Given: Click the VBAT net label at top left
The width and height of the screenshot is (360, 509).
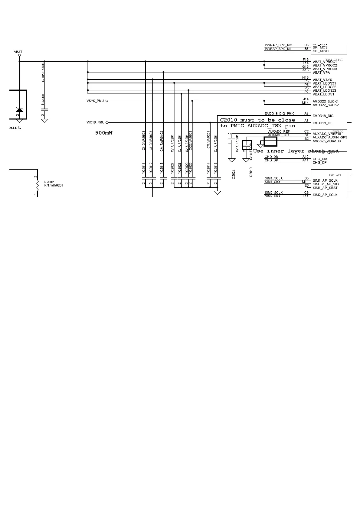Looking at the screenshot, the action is pyautogui.click(x=18, y=52).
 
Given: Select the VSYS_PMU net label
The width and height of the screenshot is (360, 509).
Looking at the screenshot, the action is pyautogui.click(x=95, y=101).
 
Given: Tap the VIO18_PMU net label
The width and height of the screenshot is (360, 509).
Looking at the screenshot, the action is pyautogui.click(x=95, y=122).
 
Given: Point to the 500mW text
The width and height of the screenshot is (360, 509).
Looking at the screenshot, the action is pyautogui.click(x=103, y=133).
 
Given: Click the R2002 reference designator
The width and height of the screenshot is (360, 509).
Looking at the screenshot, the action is pyautogui.click(x=49, y=182).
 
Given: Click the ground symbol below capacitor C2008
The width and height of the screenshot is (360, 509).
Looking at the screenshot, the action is pyautogui.click(x=45, y=121).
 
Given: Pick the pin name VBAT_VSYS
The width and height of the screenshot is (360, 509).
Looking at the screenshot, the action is pyautogui.click(x=322, y=80).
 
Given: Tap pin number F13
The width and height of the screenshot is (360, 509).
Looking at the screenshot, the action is pyautogui.click(x=306, y=60).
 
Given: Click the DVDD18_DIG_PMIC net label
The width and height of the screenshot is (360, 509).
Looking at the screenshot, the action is pyautogui.click(x=280, y=114).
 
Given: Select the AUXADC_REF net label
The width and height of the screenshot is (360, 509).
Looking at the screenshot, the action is pyautogui.click(x=279, y=131).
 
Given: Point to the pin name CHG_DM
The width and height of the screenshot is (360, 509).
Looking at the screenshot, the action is pyautogui.click(x=320, y=159).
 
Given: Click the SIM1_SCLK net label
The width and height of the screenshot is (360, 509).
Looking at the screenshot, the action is pyautogui.click(x=273, y=178).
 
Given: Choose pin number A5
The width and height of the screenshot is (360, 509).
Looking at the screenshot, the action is pyautogui.click(x=306, y=121).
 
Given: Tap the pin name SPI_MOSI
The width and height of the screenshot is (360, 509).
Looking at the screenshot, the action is pyautogui.click(x=320, y=47).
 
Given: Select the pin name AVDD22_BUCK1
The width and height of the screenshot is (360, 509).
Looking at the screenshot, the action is pyautogui.click(x=326, y=102).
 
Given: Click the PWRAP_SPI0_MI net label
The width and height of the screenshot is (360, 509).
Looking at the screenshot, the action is pyautogui.click(x=278, y=49).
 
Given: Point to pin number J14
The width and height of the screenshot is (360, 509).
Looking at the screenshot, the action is pyautogui.click(x=306, y=99).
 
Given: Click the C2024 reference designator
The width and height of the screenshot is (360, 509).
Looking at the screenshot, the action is pyautogui.click(x=234, y=174).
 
